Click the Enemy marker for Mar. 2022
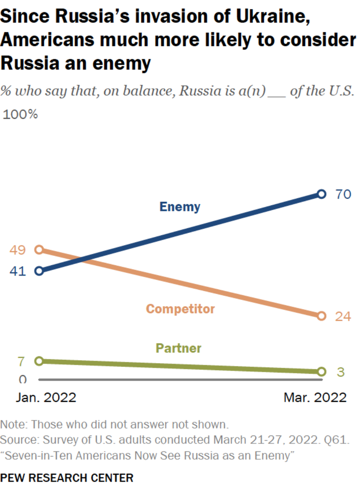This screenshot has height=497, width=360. click(321, 194)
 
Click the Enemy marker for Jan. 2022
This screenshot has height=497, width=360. click(39, 271)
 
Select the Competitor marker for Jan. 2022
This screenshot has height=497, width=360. click(39, 250)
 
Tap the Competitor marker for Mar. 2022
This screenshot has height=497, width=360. click(321, 316)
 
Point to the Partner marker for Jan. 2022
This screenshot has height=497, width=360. click(39, 361)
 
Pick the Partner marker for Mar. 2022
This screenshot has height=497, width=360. click(321, 372)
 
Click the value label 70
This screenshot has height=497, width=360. click(343, 195)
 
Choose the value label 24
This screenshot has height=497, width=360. click(343, 316)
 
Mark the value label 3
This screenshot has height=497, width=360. click(341, 372)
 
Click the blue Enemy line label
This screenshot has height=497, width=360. click(180, 207)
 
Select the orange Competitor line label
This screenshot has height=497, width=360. click(180, 309)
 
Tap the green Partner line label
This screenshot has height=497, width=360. click(178, 348)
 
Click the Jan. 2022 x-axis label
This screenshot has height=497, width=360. click(46, 398)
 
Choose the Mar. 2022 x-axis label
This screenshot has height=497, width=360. click(315, 398)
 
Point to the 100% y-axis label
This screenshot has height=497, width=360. click(20, 115)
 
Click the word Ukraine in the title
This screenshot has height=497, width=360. click(270, 18)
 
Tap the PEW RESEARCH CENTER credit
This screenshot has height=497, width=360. click(67, 478)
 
